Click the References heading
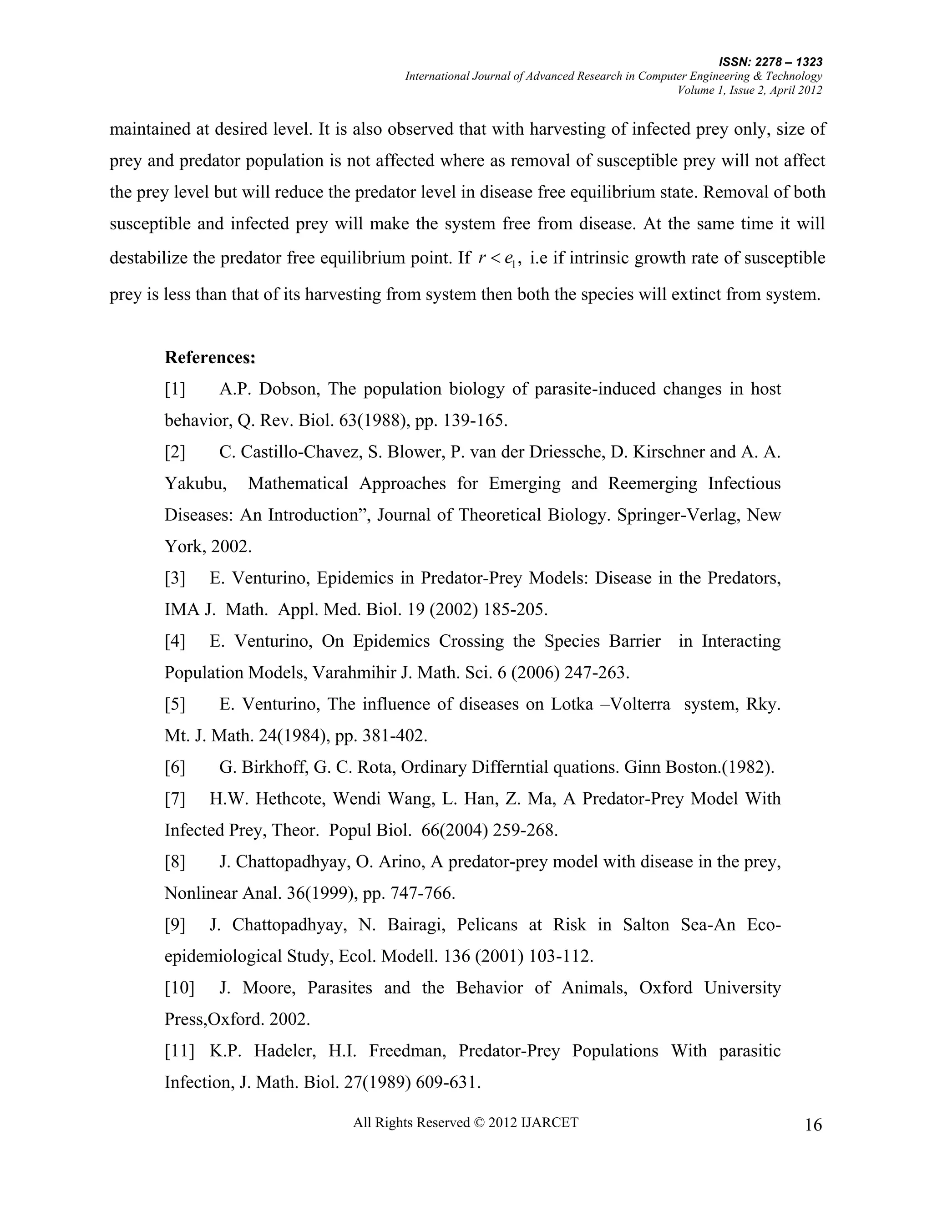click(x=210, y=357)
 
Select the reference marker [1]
click(x=175, y=389)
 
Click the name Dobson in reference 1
click(x=289, y=389)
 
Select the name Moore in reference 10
click(x=269, y=988)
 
